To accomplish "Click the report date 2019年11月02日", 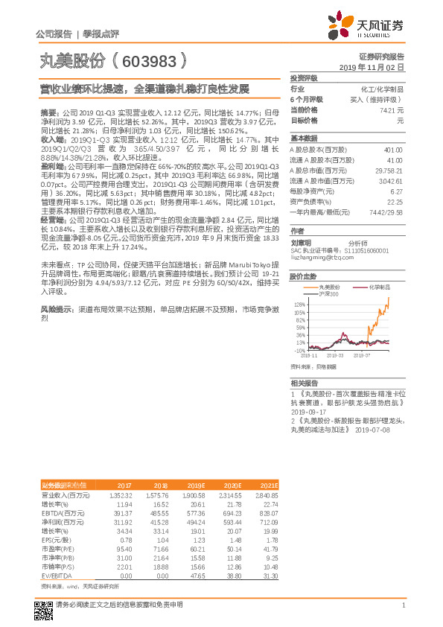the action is [x=376, y=67].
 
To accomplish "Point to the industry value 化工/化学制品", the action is [x=383, y=89].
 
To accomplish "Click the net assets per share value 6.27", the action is [x=397, y=191].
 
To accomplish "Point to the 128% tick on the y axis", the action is [x=299, y=305].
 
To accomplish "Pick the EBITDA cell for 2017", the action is [x=121, y=514].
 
